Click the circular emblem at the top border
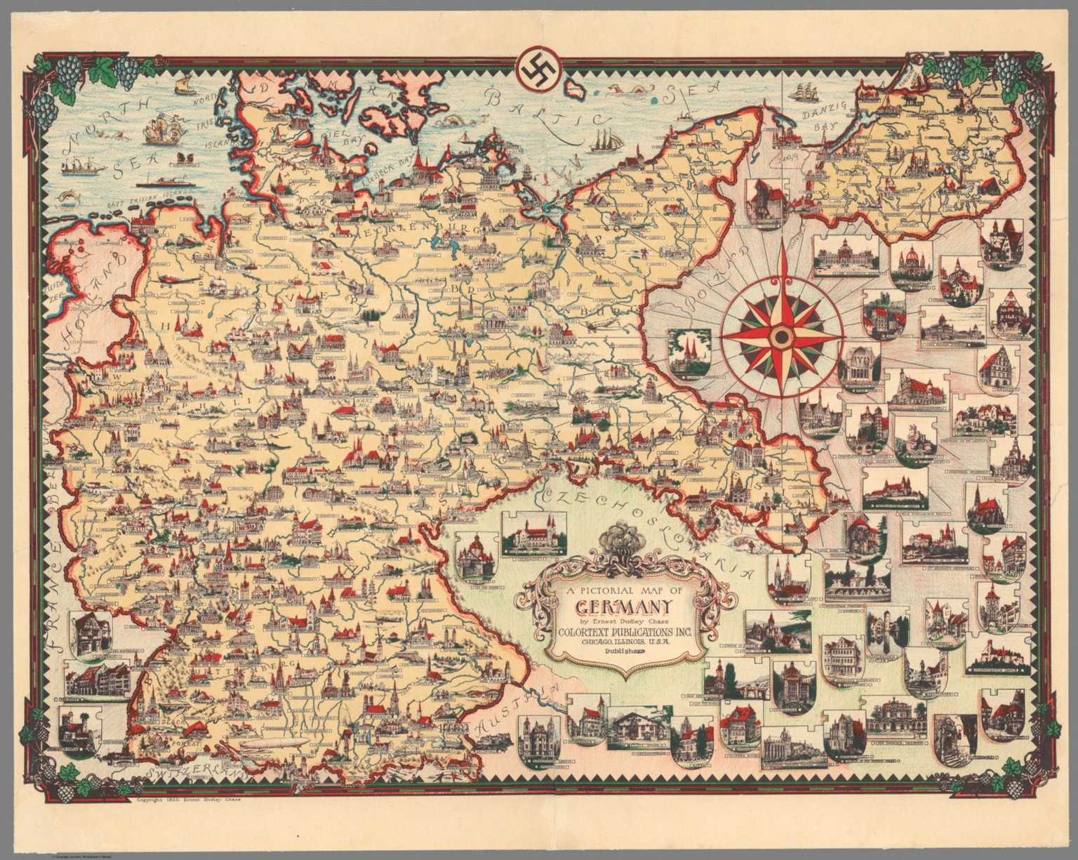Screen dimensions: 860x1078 [539, 67]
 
